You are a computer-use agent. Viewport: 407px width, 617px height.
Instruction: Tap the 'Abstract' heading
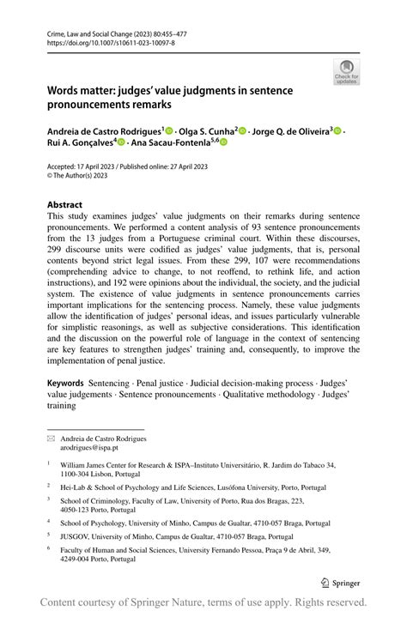[64, 205]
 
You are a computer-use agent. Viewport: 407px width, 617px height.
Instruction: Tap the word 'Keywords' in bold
[65, 380]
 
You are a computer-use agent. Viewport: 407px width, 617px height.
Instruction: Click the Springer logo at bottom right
[340, 581]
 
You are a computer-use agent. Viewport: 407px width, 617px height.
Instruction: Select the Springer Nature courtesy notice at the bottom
[203, 602]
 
